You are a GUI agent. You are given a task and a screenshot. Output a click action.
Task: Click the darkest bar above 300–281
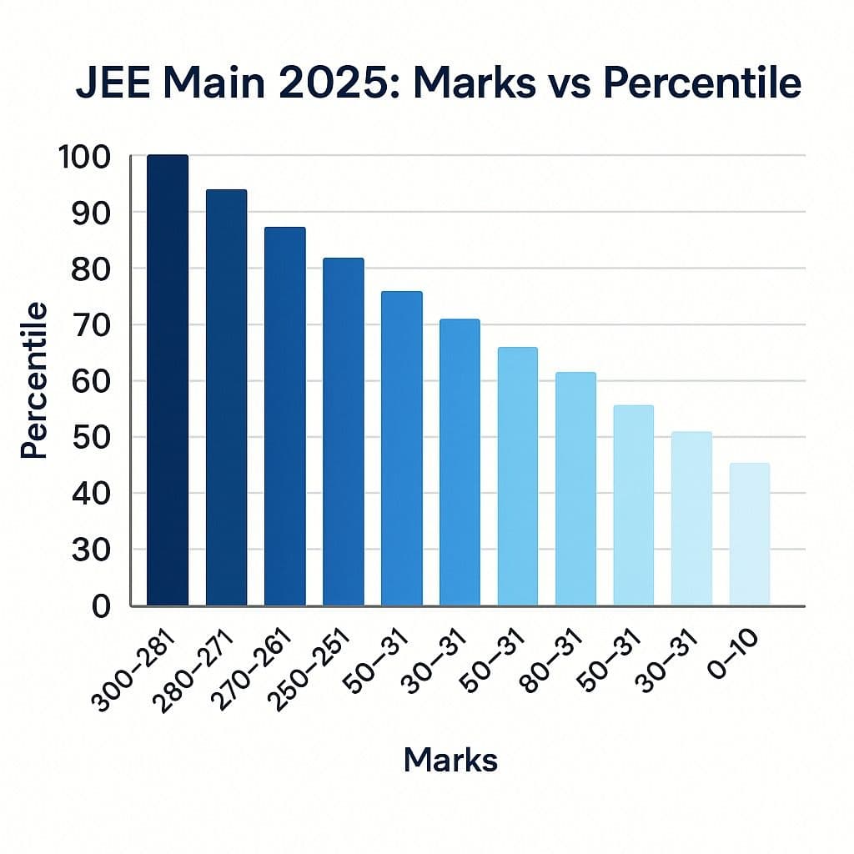pyautogui.click(x=168, y=379)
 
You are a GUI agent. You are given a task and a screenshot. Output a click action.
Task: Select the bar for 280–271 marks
pyautogui.click(x=226, y=397)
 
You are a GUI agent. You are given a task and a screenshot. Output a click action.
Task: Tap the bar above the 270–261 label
pyautogui.click(x=284, y=415)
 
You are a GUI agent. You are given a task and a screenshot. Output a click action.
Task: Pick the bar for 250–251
pyautogui.click(x=343, y=431)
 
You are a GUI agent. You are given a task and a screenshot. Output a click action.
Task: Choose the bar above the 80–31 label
pyautogui.click(x=575, y=488)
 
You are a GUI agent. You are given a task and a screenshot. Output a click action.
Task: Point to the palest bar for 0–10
pyautogui.click(x=749, y=534)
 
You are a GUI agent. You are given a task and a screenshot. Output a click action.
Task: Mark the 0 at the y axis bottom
pyautogui.click(x=101, y=606)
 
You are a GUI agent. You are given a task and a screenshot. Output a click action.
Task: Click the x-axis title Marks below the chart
pyautogui.click(x=450, y=760)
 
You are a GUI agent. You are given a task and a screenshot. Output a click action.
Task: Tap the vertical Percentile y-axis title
pyautogui.click(x=33, y=380)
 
